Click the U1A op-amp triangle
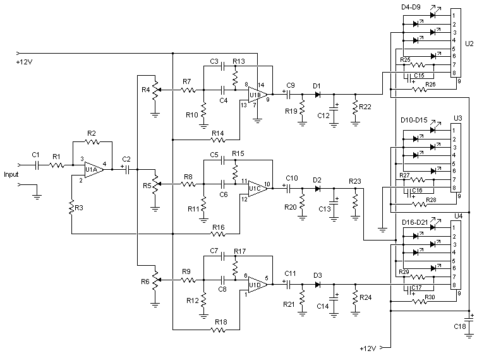pyautogui.click(x=94, y=170)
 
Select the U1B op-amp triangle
pyautogui.click(x=256, y=95)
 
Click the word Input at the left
pyautogui.click(x=12, y=174)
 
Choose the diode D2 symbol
pyautogui.click(x=317, y=187)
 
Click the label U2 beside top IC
pyautogui.click(x=468, y=45)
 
